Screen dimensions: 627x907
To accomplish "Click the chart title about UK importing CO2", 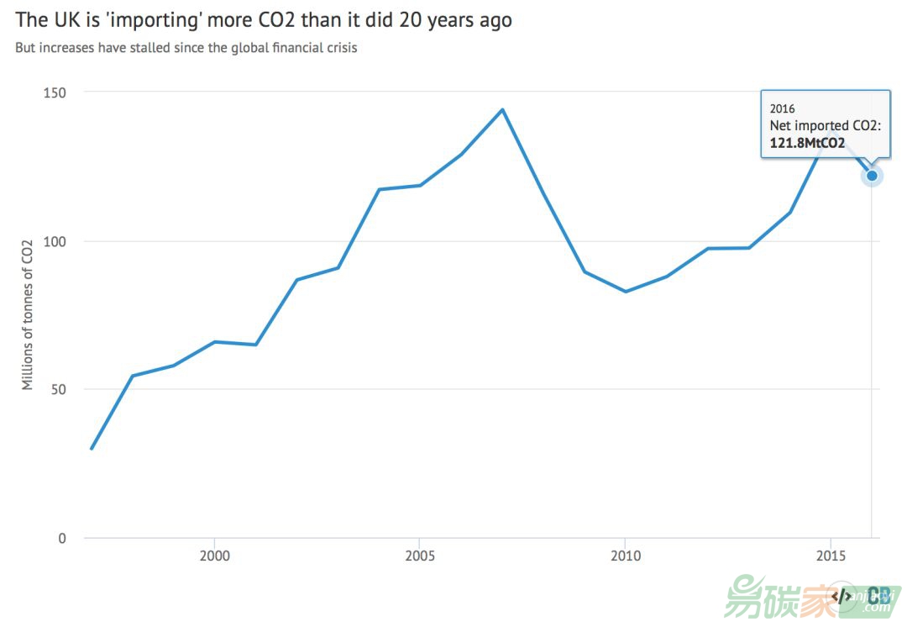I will pyautogui.click(x=263, y=20).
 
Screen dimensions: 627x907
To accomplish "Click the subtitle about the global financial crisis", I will pyautogui.click(x=186, y=48).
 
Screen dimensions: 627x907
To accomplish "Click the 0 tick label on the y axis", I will pyautogui.click(x=61, y=538).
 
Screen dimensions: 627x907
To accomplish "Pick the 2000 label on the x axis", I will pyautogui.click(x=214, y=556).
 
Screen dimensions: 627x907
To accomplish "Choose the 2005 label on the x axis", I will pyautogui.click(x=420, y=556).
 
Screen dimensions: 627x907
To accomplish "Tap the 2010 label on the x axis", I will pyautogui.click(x=625, y=556).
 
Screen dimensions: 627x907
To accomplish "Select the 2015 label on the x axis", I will pyautogui.click(x=831, y=556).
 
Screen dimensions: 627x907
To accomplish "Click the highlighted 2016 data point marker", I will pyautogui.click(x=872, y=176).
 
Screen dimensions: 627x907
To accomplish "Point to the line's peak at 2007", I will pyautogui.click(x=502, y=109).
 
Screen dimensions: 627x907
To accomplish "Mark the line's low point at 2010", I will pyautogui.click(x=625, y=291).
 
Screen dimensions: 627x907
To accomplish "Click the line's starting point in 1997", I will pyautogui.click(x=92, y=449).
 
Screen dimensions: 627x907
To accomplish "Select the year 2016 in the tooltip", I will pyautogui.click(x=782, y=108).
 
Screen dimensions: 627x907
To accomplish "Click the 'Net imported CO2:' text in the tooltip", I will pyautogui.click(x=825, y=125).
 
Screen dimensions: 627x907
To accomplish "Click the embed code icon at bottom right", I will pyautogui.click(x=841, y=595).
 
